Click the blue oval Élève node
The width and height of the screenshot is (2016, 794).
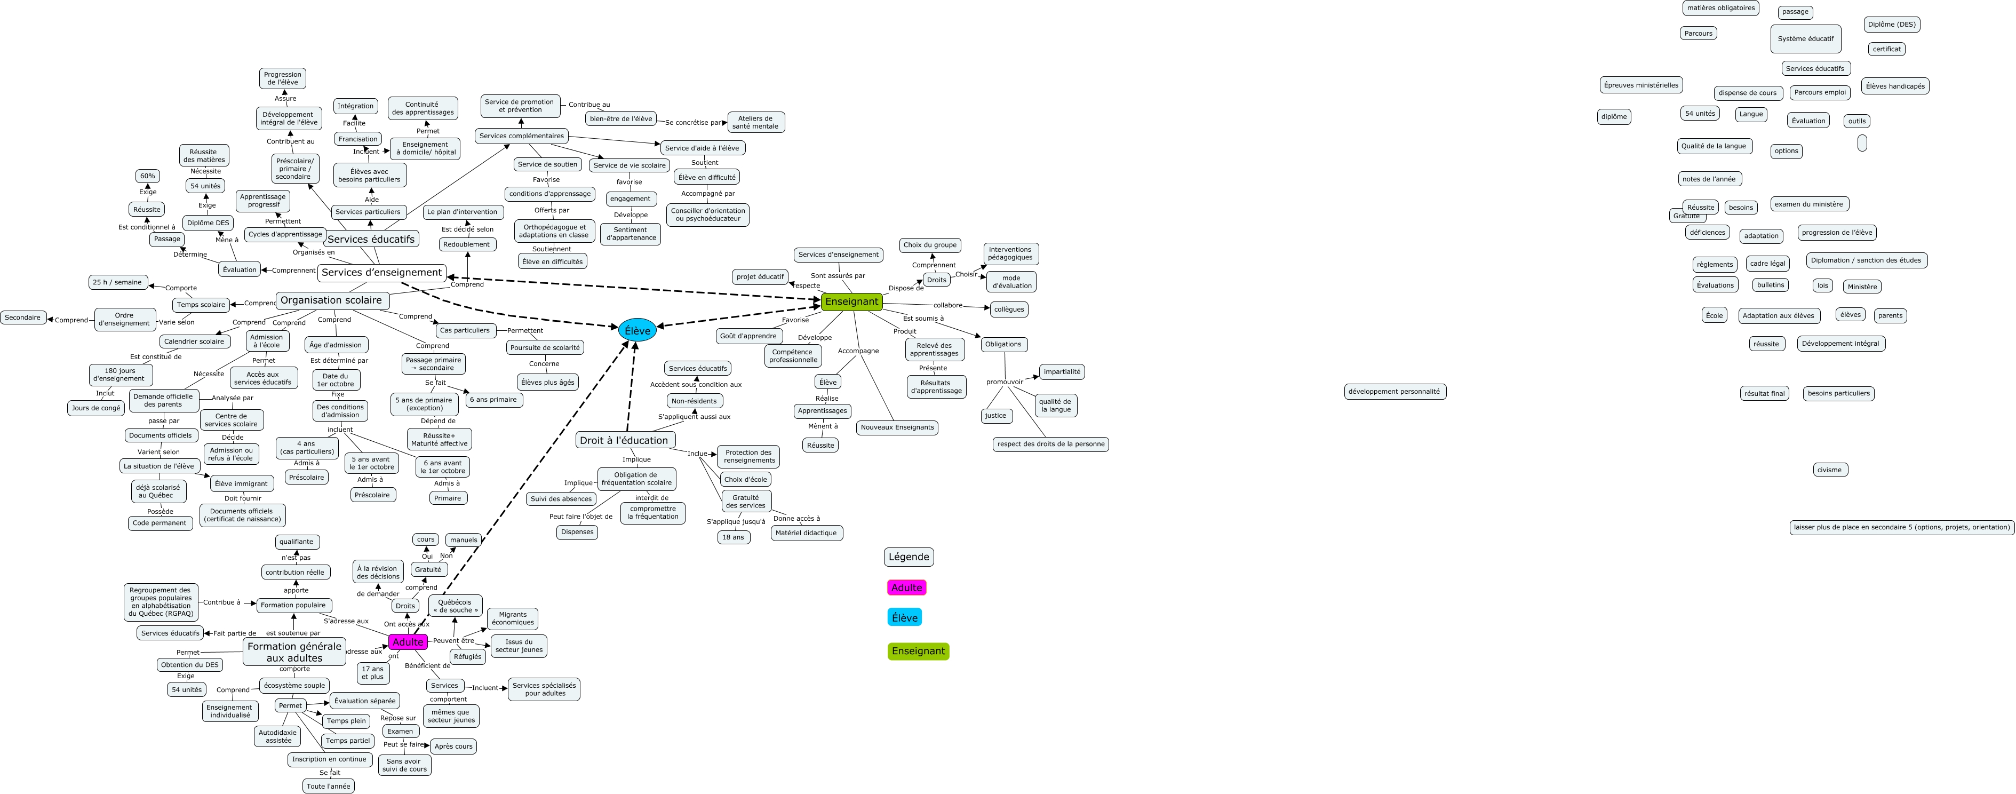click(637, 330)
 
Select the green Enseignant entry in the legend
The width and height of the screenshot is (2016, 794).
click(918, 650)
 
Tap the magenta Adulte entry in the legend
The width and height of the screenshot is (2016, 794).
click(906, 587)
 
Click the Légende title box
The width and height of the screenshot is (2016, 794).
click(909, 557)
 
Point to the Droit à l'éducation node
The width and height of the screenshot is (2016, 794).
click(624, 440)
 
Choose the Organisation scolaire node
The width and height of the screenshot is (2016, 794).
click(331, 300)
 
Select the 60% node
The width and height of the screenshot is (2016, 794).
click(147, 176)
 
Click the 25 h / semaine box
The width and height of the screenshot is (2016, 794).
click(117, 282)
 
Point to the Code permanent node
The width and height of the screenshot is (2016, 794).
click(160, 523)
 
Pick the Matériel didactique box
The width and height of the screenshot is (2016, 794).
click(806, 533)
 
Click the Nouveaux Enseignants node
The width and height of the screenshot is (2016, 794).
click(897, 427)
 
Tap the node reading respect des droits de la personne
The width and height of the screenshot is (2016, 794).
click(1050, 444)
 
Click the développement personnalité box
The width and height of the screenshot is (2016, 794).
click(1394, 392)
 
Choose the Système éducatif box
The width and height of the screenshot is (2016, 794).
click(1805, 38)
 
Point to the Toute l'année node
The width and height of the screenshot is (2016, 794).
click(329, 786)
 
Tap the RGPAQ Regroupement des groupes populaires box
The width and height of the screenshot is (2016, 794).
click(161, 601)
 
